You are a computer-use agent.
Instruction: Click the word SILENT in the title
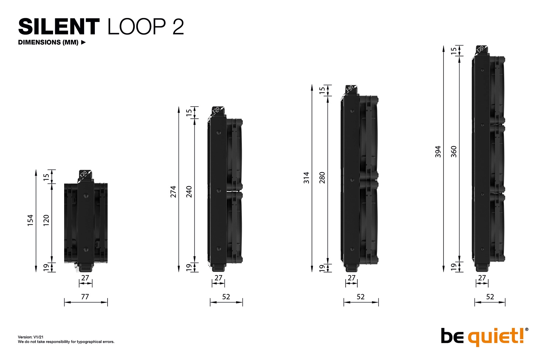click(59, 27)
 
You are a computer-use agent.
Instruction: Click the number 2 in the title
click(178, 27)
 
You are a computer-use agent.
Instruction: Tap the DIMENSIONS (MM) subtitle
click(48, 42)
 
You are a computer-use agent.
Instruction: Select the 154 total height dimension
click(30, 220)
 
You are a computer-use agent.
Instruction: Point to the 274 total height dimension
click(173, 192)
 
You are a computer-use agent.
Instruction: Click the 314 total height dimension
click(306, 177)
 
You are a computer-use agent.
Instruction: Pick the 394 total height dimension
click(438, 151)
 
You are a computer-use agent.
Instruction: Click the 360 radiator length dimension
click(454, 151)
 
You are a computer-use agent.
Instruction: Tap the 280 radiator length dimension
click(322, 177)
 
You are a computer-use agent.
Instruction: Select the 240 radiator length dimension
click(189, 192)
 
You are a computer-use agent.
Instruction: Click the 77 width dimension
click(85, 296)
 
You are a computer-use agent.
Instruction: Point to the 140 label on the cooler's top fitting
click(349, 89)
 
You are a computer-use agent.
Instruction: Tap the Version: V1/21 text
click(31, 337)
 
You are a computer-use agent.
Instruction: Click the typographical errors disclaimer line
click(66, 342)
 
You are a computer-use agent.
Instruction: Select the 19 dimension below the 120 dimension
click(46, 267)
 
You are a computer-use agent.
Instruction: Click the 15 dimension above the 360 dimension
click(454, 50)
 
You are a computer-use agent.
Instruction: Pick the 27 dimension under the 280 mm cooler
click(351, 278)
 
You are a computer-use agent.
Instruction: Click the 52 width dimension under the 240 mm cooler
click(226, 296)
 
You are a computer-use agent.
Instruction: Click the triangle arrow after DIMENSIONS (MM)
click(83, 42)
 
